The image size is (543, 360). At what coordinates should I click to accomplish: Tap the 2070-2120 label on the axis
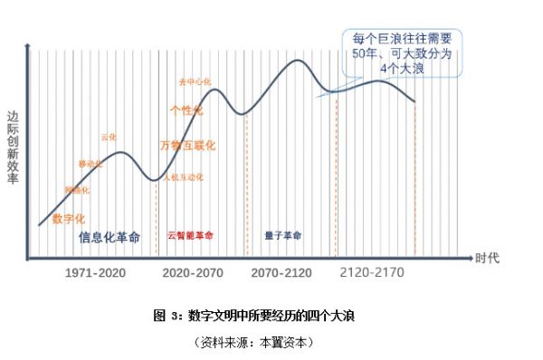pos(281,271)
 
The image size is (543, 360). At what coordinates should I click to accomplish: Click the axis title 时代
pos(487,258)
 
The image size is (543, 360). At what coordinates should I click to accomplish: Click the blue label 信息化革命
pos(110,237)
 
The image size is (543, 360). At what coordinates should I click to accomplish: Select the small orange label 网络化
pos(77,191)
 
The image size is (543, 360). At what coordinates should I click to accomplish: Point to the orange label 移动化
pos(90,164)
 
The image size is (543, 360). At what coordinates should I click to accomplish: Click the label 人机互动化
pos(184,176)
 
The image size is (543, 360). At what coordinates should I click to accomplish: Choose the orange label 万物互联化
pos(186,145)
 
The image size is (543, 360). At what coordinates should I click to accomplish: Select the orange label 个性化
pos(186,110)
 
